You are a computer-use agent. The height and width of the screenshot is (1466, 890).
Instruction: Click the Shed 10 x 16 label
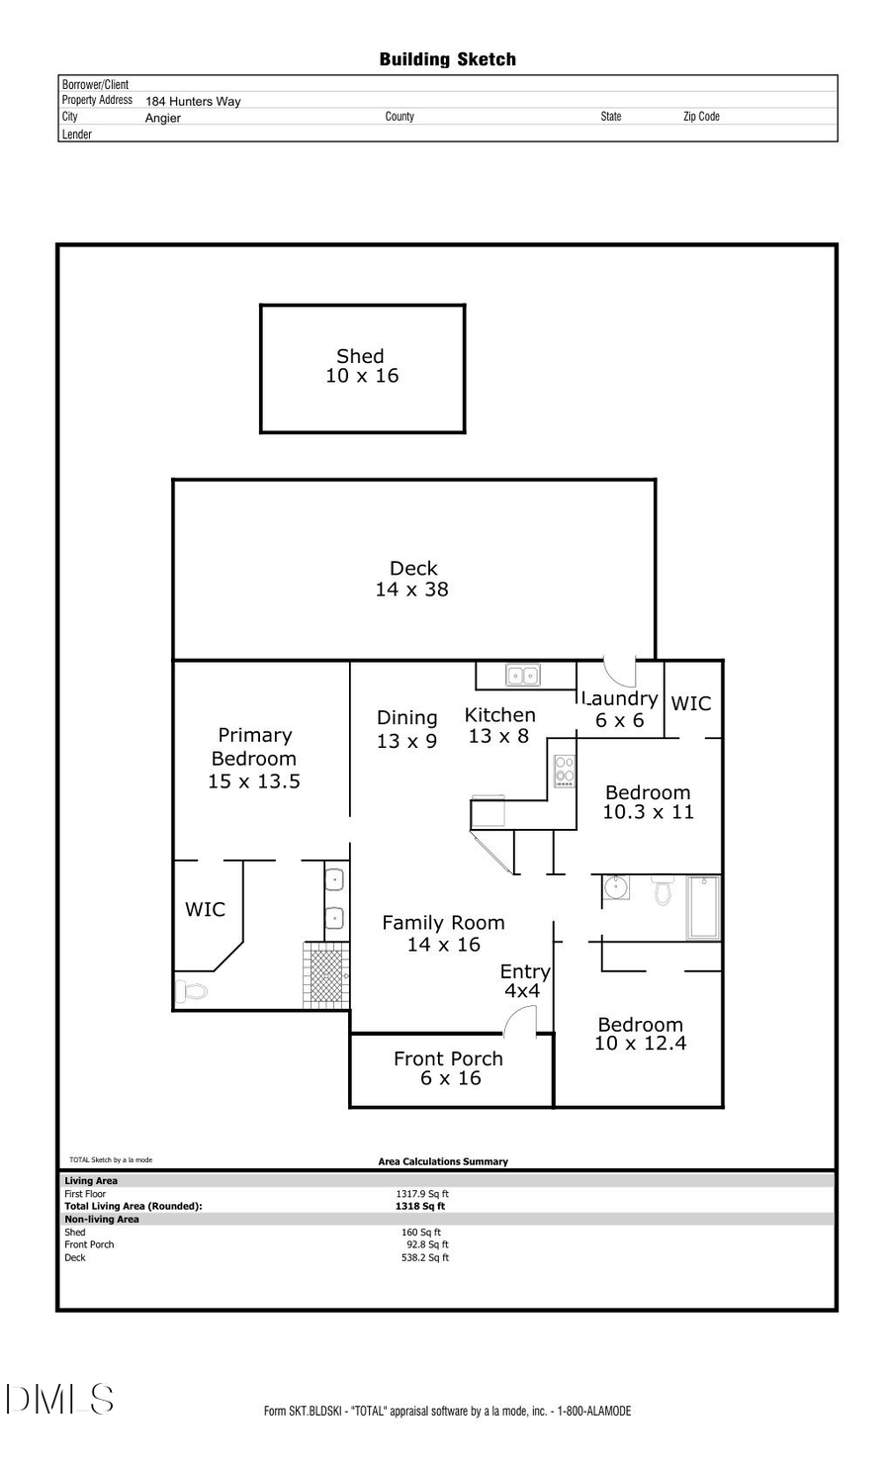362,366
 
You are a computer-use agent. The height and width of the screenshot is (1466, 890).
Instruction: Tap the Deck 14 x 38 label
412,579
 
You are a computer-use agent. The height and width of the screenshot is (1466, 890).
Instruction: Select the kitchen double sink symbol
523,676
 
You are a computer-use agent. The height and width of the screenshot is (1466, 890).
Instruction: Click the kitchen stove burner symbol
565,772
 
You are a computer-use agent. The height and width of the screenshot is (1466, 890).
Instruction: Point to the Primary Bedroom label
254,758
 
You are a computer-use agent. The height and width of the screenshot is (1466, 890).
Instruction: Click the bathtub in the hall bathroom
703,906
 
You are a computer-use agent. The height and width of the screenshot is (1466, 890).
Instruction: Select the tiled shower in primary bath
325,974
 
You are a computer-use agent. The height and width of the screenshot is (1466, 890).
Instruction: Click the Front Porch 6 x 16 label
449,1068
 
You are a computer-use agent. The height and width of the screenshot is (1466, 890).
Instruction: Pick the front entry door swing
521,1023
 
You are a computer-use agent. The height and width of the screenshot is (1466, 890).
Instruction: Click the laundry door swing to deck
621,673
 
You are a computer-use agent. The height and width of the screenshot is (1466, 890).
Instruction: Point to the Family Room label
443,933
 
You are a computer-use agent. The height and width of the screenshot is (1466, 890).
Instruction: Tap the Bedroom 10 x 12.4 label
640,1034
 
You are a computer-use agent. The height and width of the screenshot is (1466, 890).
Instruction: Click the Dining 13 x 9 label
406,729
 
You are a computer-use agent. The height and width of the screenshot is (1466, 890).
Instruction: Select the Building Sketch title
447,59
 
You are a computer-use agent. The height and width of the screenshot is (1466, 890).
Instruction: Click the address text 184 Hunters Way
193,101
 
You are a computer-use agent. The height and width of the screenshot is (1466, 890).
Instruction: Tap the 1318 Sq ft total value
420,1206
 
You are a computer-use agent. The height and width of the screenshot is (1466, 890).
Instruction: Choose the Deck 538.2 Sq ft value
424,1257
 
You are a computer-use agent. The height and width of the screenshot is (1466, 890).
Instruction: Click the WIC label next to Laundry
690,703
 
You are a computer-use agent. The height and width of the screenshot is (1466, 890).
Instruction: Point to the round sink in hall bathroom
616,886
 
